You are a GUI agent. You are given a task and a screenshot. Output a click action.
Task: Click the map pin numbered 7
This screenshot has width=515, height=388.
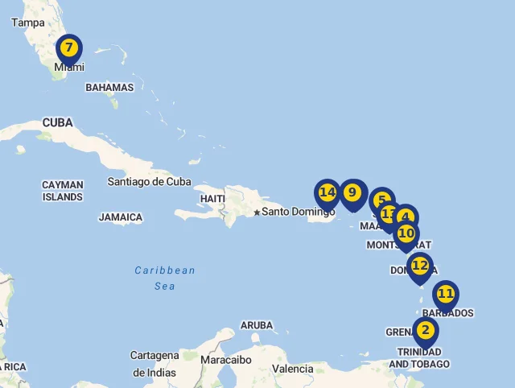point(69,49)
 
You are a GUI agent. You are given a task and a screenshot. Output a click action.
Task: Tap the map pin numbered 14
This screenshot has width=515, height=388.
point(327,193)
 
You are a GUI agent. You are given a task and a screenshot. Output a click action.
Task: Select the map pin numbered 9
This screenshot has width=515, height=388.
point(352,193)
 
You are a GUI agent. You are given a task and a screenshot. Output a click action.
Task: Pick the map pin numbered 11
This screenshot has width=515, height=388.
point(446,295)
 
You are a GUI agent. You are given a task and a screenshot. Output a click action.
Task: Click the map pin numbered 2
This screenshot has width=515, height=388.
point(425,331)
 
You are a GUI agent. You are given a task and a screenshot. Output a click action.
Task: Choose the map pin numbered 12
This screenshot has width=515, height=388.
point(420,266)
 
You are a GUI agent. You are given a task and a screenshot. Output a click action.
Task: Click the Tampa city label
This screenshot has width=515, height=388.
point(28,23)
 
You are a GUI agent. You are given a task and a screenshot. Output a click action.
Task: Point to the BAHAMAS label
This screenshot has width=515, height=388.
point(109,87)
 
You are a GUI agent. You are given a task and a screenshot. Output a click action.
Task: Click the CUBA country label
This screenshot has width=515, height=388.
point(57,122)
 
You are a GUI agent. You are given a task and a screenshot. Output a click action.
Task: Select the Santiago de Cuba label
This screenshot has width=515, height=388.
point(150,181)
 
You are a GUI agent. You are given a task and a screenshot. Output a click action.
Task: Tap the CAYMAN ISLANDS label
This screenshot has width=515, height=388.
point(63,191)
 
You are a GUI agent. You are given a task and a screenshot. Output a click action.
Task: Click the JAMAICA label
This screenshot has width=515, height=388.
point(121,217)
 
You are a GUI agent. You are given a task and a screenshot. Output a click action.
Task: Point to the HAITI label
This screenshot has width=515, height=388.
point(212,198)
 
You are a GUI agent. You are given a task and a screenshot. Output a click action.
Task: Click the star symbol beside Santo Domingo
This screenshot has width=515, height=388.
point(257,213)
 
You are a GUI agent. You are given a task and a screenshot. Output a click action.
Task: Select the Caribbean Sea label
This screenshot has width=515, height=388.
point(165,278)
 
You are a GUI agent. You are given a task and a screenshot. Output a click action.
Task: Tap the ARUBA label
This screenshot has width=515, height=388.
point(257,325)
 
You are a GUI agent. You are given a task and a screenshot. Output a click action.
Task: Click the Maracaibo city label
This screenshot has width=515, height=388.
point(226,360)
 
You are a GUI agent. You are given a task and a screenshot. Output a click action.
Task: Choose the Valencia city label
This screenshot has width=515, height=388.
point(293,369)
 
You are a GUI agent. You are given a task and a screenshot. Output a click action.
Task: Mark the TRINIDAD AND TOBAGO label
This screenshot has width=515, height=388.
point(419,358)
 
